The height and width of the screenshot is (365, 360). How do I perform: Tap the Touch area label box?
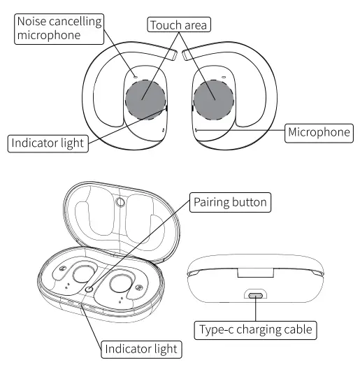point(179,26)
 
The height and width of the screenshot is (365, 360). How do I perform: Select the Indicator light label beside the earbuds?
point(48,143)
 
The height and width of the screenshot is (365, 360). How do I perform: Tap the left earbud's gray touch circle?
point(145,99)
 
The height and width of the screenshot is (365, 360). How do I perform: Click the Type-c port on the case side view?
point(256,294)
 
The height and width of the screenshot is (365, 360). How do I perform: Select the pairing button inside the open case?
point(89,288)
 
